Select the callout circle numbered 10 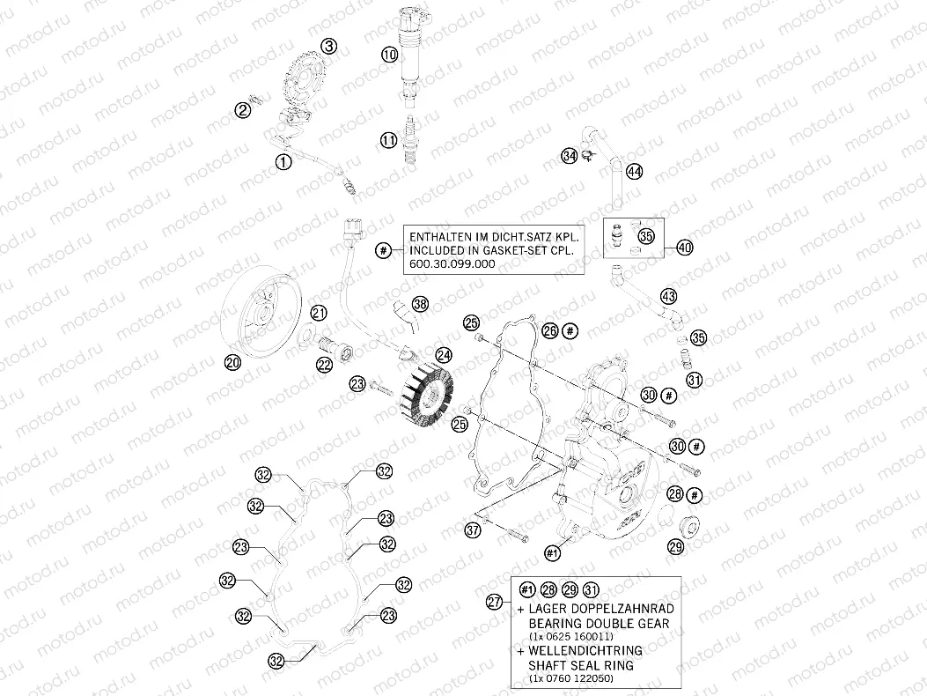click(x=390, y=55)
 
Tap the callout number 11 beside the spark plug click(x=389, y=139)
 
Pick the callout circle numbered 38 click(x=421, y=304)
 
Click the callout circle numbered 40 click(x=685, y=248)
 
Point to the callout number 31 click(x=695, y=381)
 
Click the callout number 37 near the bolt click(x=474, y=529)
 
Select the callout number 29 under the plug click(x=675, y=547)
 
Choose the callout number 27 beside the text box click(x=496, y=602)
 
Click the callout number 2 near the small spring click(x=242, y=109)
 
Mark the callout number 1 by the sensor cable click(x=283, y=161)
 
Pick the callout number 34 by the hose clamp click(x=570, y=156)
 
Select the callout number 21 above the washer click(x=318, y=313)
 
